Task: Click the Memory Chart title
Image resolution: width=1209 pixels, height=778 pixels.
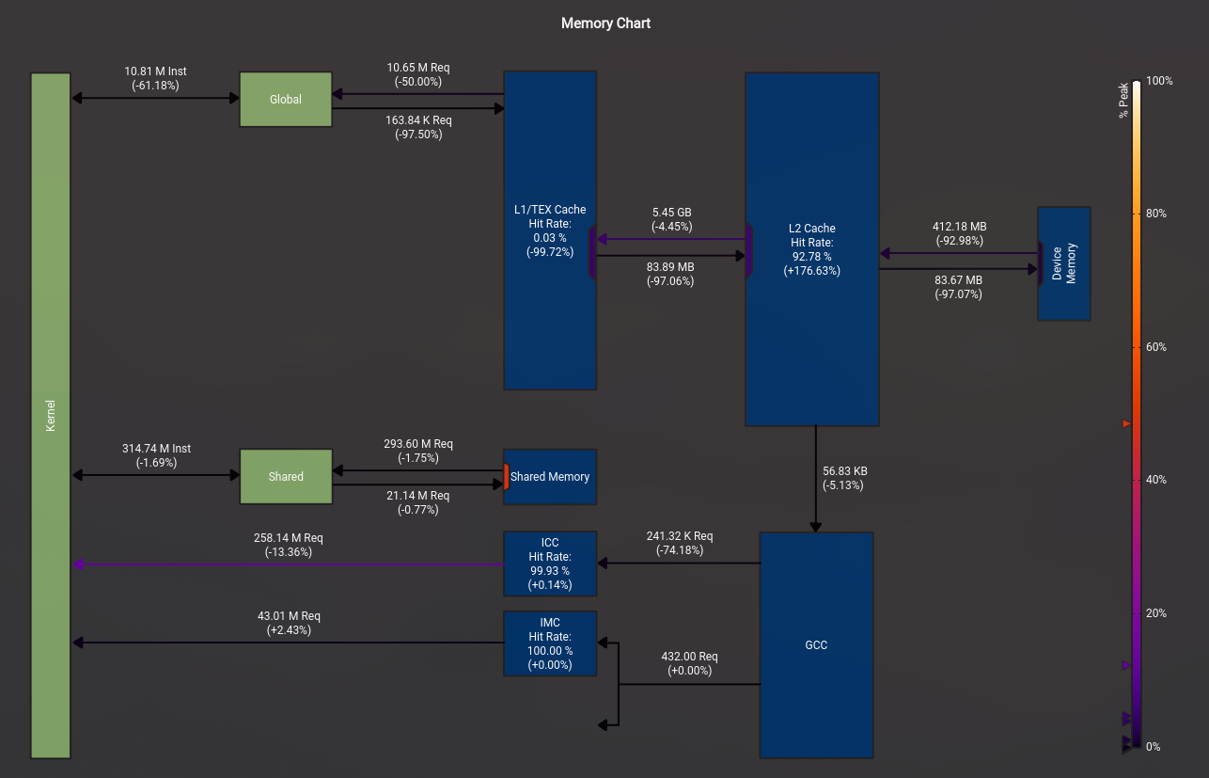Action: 605,24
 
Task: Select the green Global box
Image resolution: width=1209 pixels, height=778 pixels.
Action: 286,99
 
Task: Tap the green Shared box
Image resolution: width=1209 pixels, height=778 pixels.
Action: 286,477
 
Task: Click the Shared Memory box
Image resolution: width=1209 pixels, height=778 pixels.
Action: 550,477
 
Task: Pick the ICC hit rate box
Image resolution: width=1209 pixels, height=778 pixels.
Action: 550,564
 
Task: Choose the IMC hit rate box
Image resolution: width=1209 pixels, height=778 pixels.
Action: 550,643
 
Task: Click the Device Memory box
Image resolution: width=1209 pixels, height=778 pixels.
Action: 1064,263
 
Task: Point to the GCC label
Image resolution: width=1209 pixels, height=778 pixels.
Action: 816,645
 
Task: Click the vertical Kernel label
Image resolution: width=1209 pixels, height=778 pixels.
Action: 51,416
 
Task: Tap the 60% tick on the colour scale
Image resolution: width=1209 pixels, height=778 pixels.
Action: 1155,347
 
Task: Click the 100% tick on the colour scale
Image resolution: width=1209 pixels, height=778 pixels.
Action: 1159,81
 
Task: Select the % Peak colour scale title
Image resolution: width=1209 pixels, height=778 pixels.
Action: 1123,101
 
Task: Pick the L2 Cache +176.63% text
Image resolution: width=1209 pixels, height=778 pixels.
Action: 811,271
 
